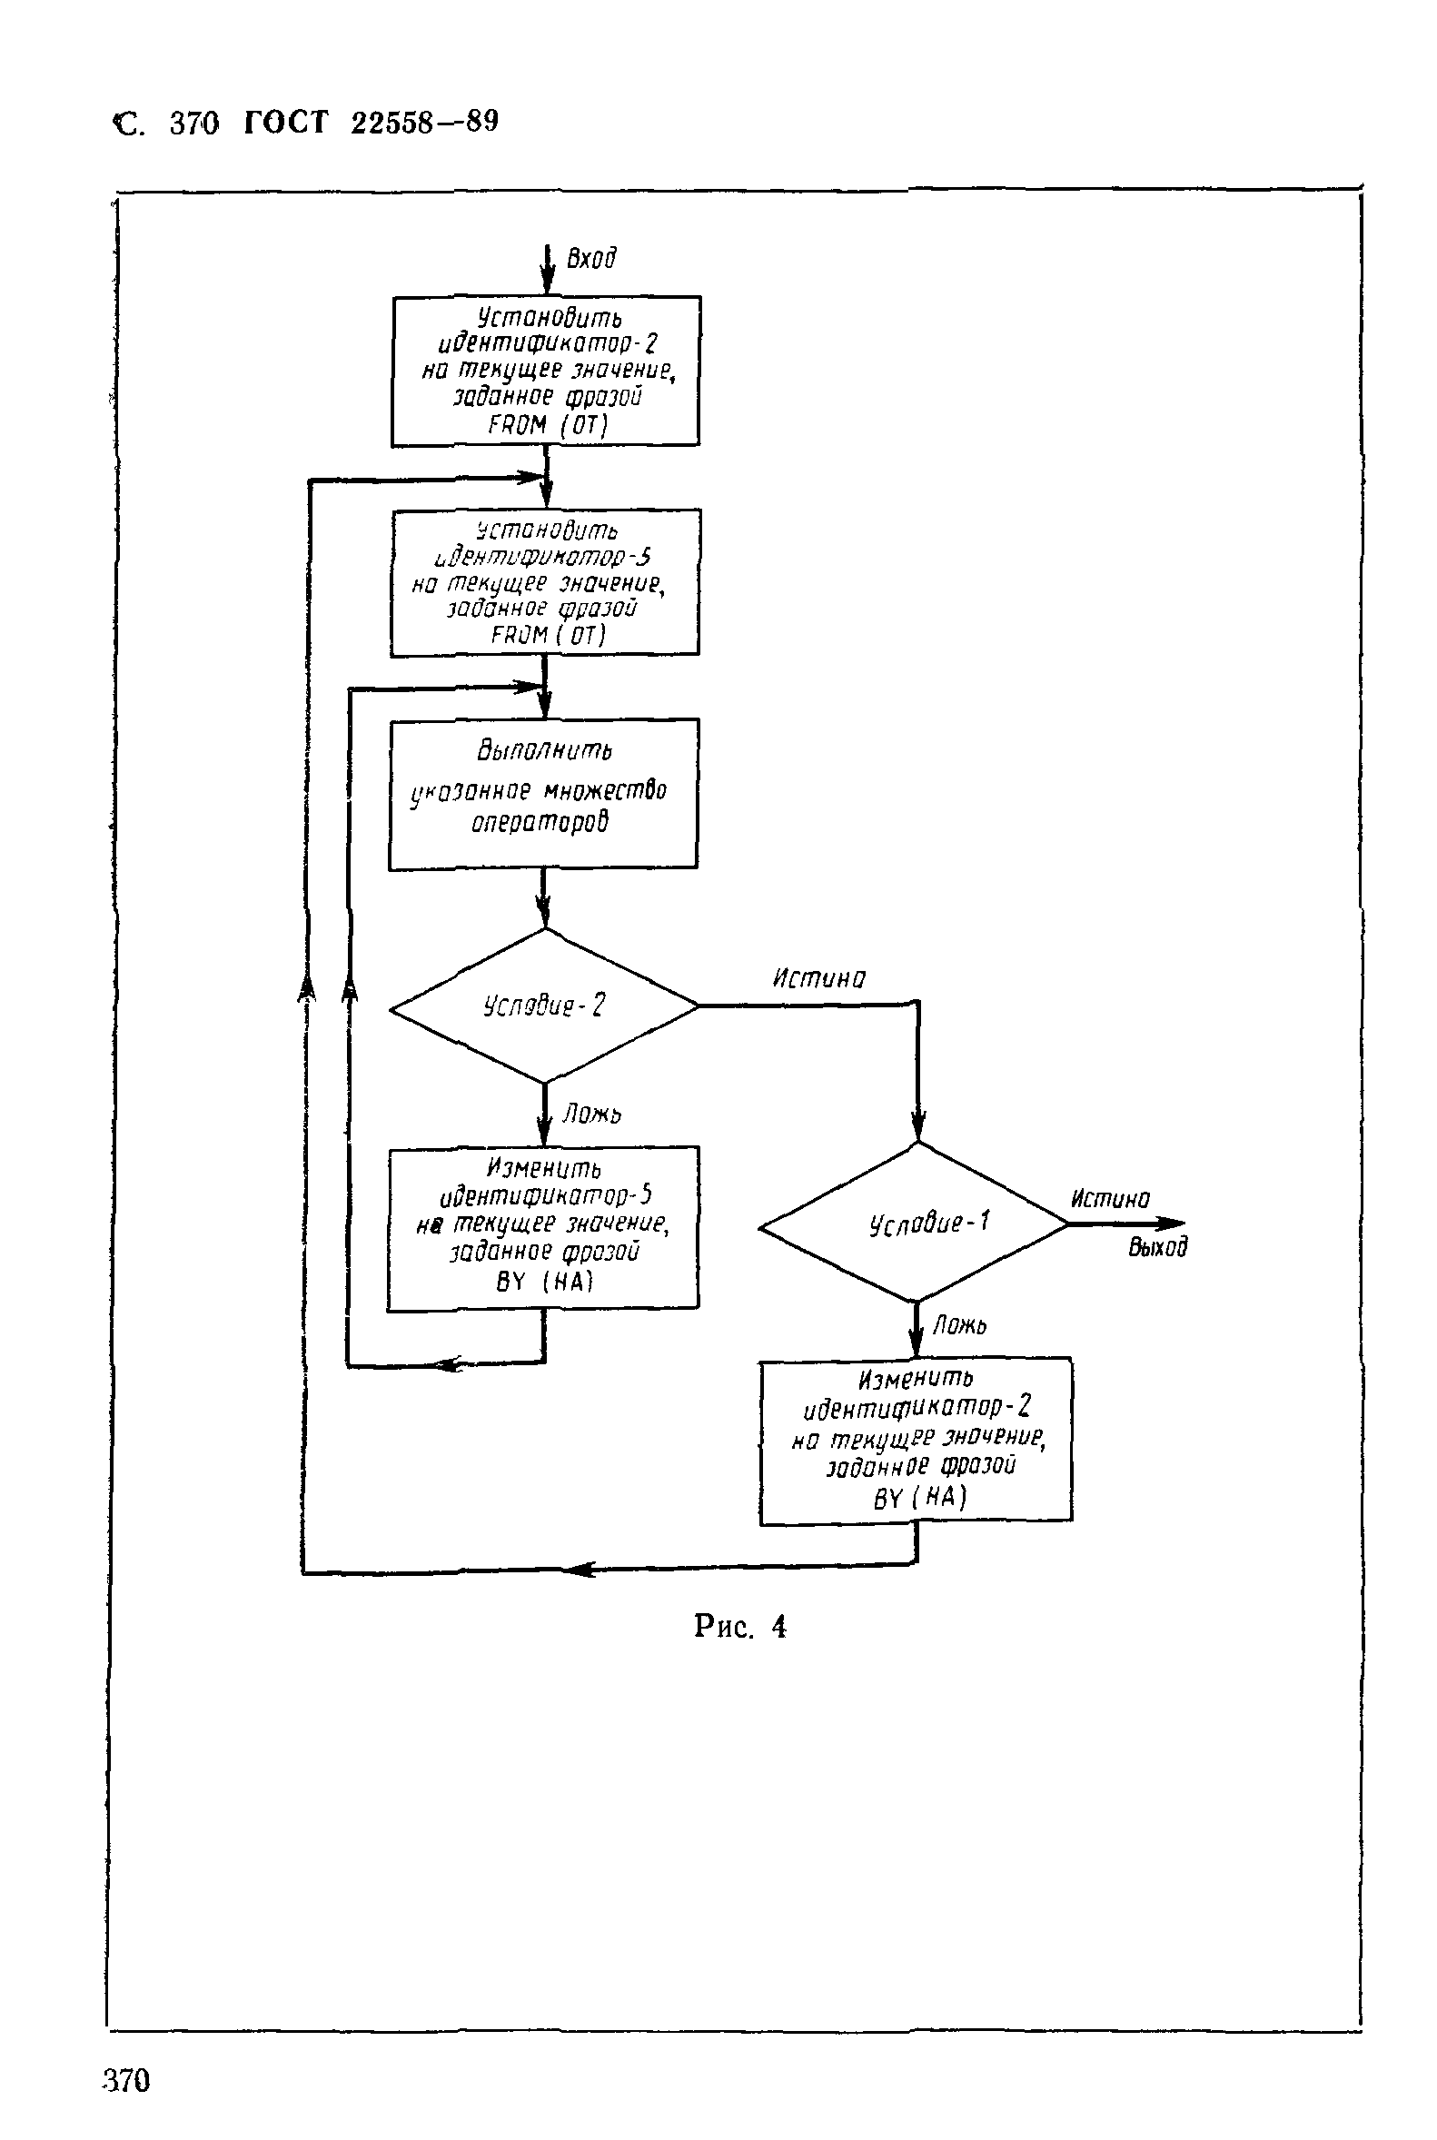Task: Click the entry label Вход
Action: [591, 259]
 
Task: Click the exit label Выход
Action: [1157, 1246]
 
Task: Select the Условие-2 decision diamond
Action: [544, 1006]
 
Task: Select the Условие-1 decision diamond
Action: [915, 1222]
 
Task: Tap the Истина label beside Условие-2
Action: [818, 979]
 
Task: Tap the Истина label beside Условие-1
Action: [1110, 1199]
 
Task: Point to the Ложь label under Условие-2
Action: [592, 1114]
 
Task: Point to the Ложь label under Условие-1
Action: [959, 1325]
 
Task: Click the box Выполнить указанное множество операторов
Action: [543, 793]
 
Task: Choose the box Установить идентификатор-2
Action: [546, 371]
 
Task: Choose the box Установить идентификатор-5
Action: [544, 582]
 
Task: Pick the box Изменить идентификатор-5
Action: [543, 1227]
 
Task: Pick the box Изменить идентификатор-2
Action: [916, 1440]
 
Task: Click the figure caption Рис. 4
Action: [739, 1627]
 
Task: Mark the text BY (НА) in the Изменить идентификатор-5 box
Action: [544, 1282]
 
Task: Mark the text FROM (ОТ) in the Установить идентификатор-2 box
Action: [547, 425]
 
